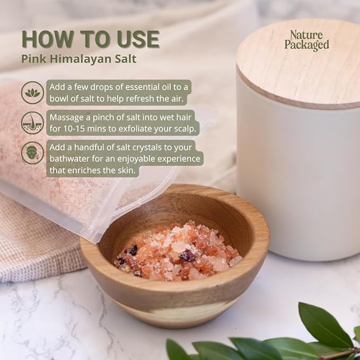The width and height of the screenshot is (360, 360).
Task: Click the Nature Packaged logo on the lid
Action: pos(306,41)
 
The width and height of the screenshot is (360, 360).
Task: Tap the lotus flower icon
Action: pos(32,92)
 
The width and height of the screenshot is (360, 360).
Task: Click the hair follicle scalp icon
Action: pos(32,122)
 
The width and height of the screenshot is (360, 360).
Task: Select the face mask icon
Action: pos(32,153)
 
